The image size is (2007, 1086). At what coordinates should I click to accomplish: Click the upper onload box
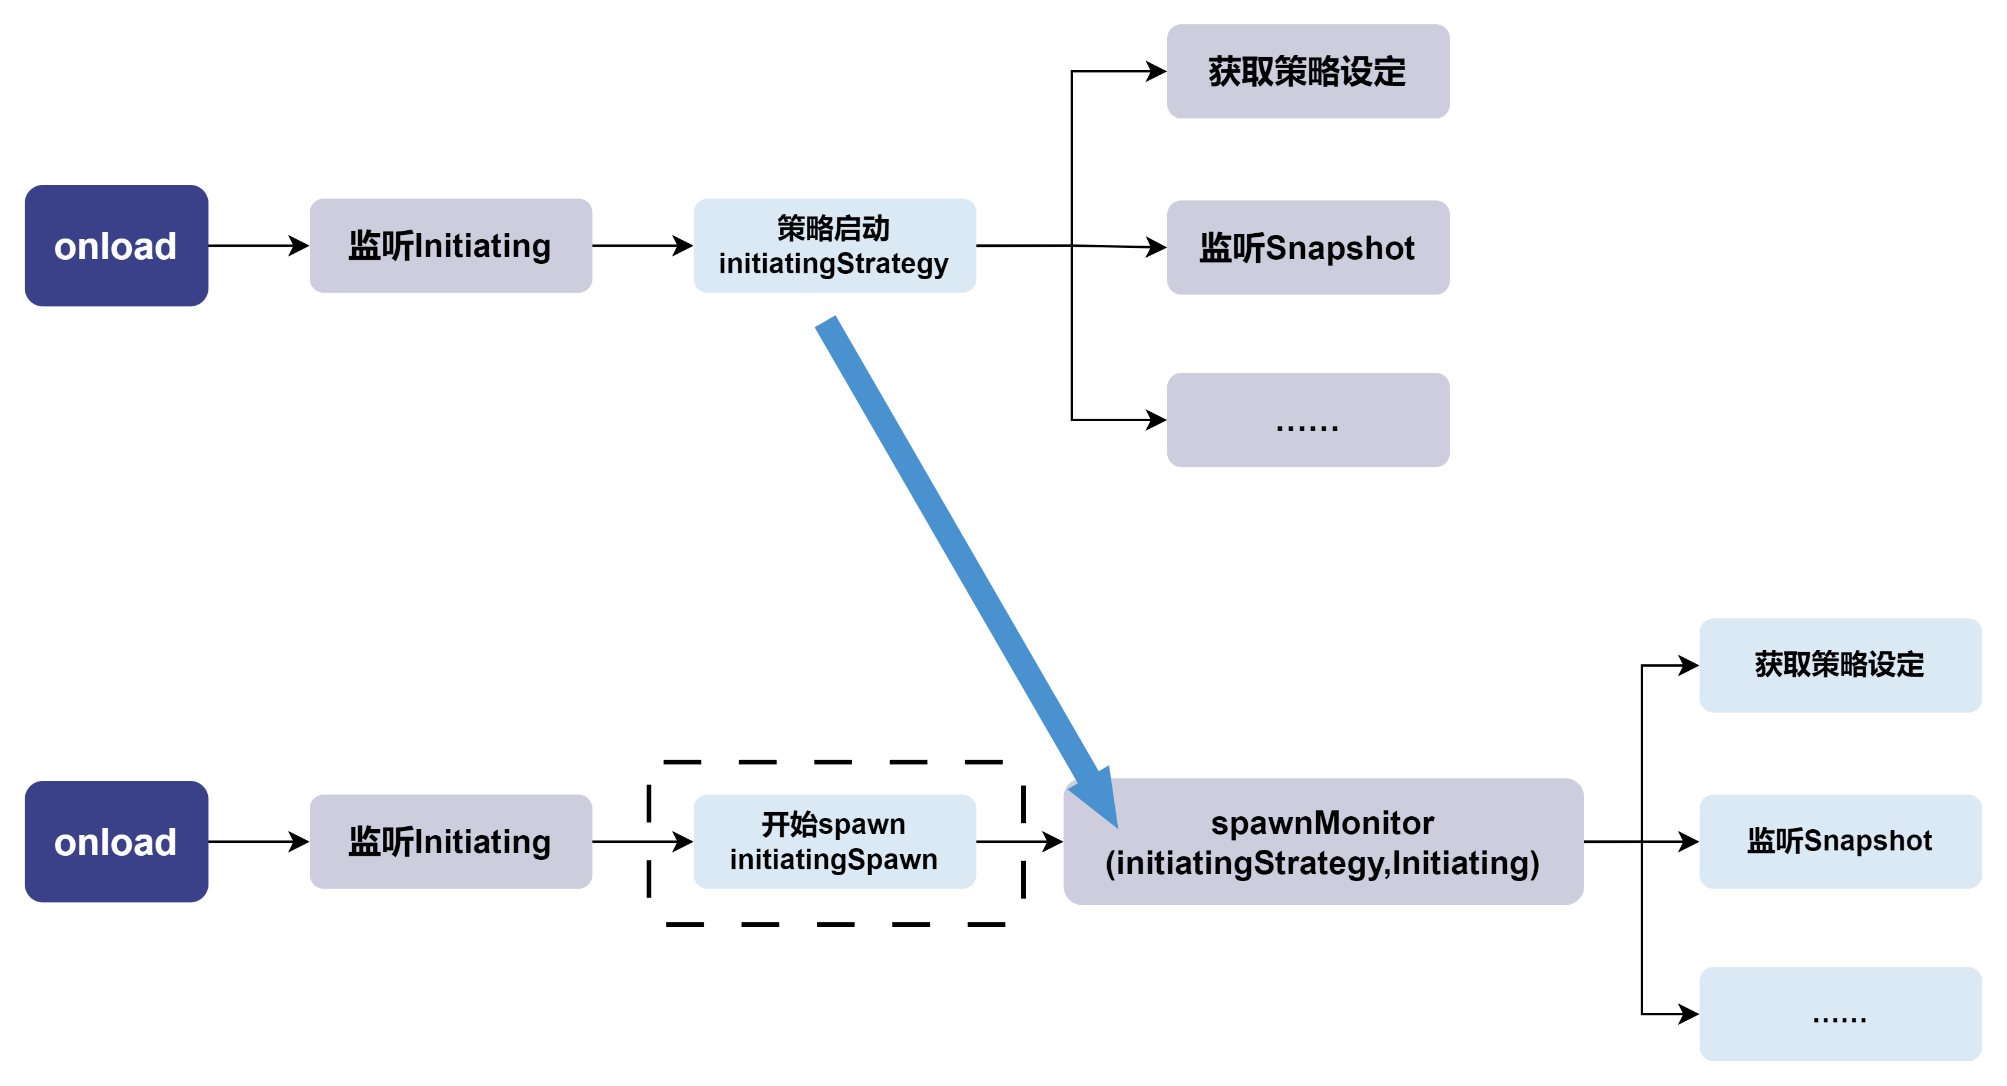point(116,246)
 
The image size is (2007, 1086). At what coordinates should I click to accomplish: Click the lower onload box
point(116,842)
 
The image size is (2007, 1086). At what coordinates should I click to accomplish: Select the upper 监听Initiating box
point(451,246)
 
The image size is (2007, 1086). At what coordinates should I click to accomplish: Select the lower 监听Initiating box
point(451,842)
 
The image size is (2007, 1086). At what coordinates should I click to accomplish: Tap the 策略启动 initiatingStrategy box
point(834,246)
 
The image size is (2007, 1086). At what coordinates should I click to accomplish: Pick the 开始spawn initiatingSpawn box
point(834,842)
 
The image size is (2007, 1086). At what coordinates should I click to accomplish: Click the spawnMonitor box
point(1323,842)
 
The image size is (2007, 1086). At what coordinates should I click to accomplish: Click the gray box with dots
point(1307,420)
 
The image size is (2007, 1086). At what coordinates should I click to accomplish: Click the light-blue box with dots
point(1840,1014)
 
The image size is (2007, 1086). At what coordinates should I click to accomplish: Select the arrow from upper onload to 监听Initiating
point(257,246)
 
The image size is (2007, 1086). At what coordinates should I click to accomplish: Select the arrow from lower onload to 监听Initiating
point(257,842)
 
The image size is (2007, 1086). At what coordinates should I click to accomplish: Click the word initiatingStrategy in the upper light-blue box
point(834,264)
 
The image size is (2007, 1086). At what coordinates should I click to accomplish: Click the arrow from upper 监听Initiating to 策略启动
point(642,246)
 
